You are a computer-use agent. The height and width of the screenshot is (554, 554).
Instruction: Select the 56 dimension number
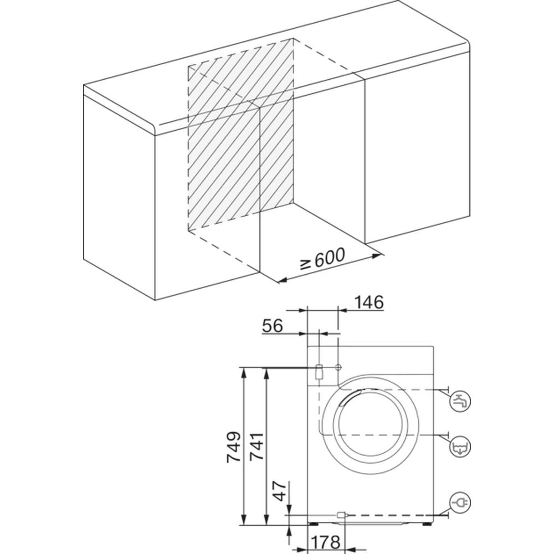[273, 326]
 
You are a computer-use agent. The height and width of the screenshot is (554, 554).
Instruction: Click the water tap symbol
[460, 400]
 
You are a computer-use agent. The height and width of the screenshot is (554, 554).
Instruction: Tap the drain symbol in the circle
[460, 447]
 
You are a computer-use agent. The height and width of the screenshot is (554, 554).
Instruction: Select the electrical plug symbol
[460, 502]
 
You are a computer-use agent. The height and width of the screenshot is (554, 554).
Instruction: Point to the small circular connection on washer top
[338, 367]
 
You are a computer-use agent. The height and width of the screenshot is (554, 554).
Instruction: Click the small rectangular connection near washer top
[319, 371]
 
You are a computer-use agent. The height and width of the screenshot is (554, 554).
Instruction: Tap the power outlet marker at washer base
[341, 515]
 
